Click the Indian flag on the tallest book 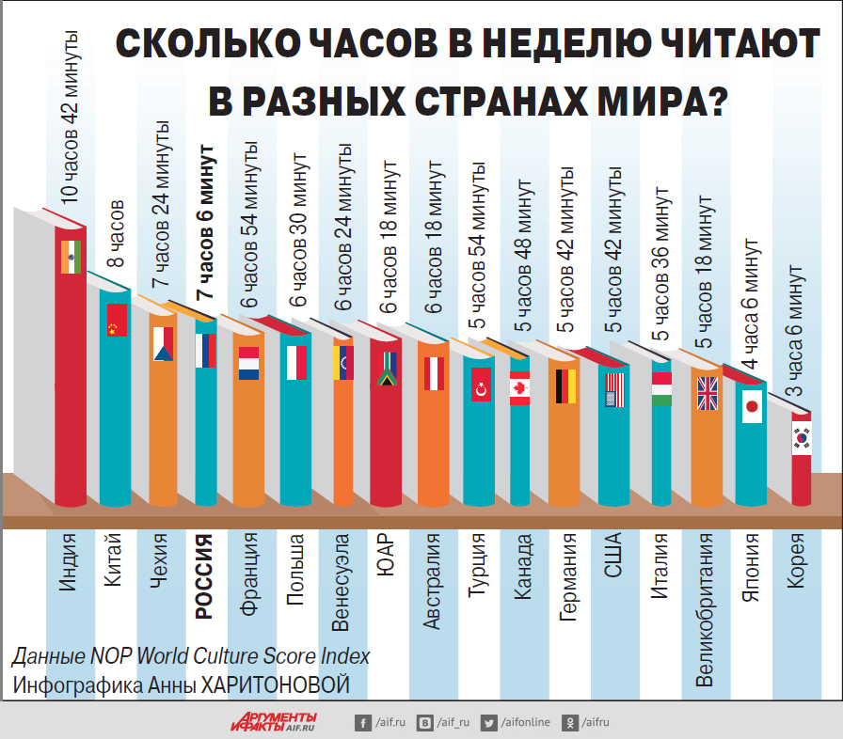(71, 257)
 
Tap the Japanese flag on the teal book (752, 406)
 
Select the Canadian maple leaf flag (520, 388)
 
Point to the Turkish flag (482, 385)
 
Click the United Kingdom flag (707, 393)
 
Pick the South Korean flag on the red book (801, 438)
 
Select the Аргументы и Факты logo (274, 721)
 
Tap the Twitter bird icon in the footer (488, 722)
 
